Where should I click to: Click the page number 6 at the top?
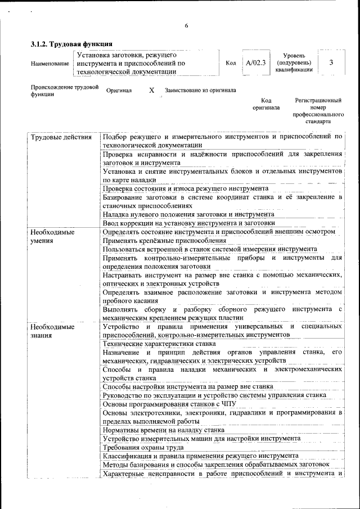(186, 25)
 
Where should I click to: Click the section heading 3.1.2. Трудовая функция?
(71, 44)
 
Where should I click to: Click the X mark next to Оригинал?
(151, 90)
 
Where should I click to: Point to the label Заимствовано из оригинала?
(200, 90)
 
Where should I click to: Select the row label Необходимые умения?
(52, 236)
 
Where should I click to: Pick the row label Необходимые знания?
(52, 331)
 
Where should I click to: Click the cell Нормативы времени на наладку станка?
(160, 430)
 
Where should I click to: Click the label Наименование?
(50, 64)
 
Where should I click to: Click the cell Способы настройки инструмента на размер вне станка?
(188, 386)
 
